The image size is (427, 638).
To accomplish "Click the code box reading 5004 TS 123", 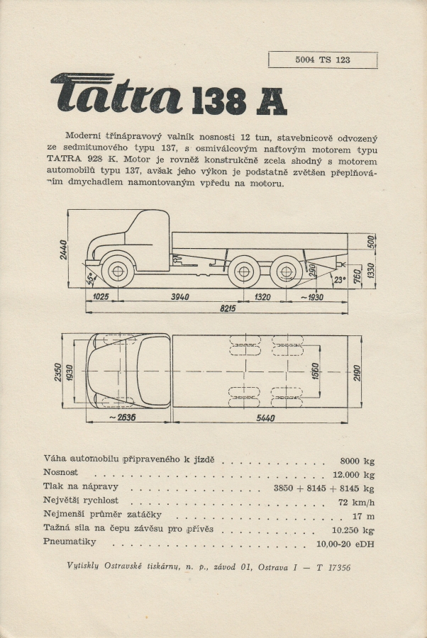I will click(323, 60).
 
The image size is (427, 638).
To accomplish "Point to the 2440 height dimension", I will click(64, 248).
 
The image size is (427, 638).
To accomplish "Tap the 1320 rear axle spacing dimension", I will click(263, 297).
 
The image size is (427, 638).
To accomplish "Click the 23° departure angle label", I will click(340, 278).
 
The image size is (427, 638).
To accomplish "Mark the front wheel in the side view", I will click(117, 271).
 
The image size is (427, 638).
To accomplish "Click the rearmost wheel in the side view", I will click(285, 271).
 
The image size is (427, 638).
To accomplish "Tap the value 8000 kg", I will click(357, 459).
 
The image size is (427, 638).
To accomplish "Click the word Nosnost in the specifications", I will click(61, 472).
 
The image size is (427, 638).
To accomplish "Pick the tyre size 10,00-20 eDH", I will click(345, 544).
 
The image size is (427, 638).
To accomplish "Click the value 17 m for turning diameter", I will click(364, 516).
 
